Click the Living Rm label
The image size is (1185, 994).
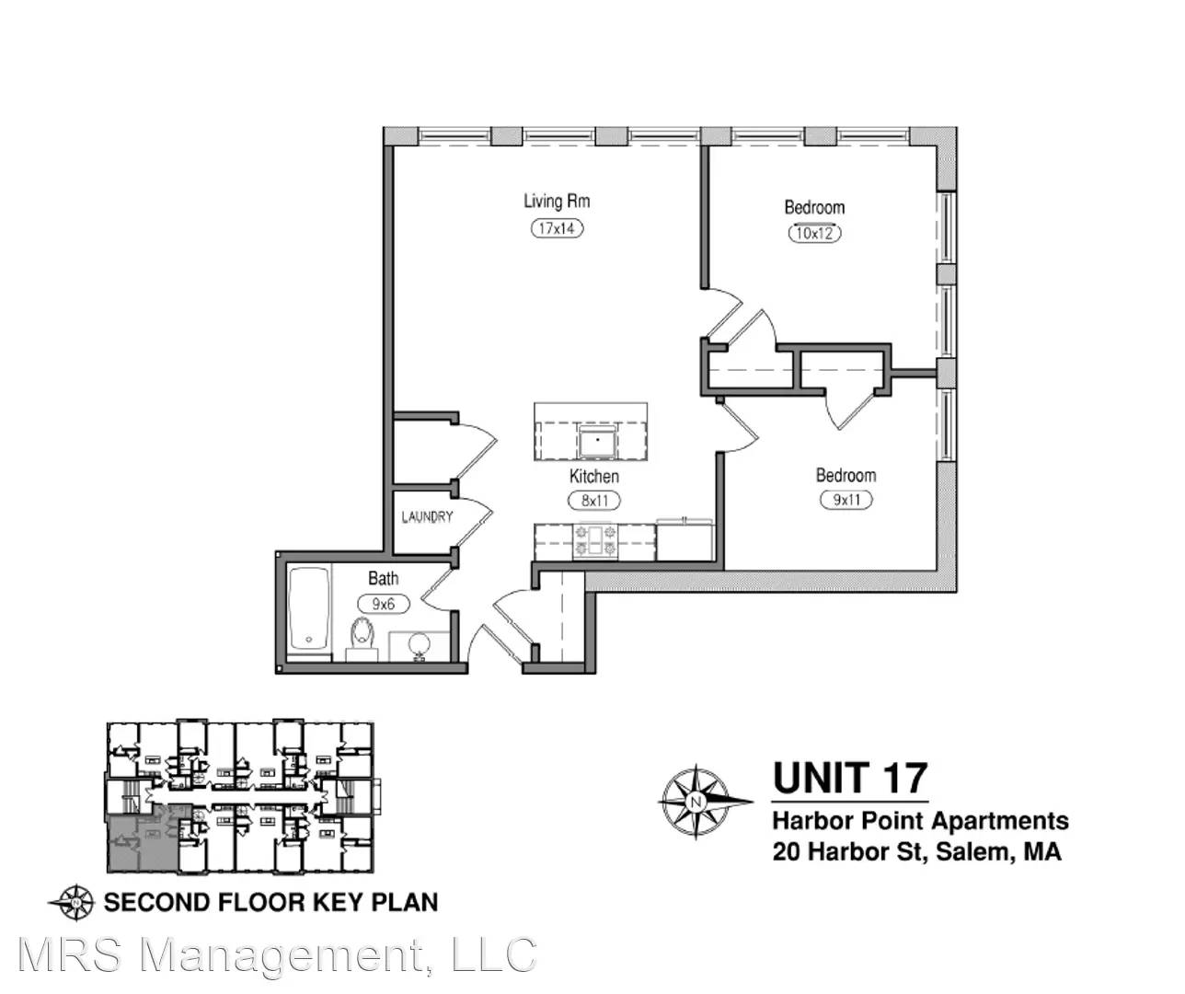557,202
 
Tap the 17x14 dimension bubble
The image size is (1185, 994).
557,229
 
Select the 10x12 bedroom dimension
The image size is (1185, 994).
814,234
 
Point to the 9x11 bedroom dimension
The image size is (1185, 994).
846,500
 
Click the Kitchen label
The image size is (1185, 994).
593,476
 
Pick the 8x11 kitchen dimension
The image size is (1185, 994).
594,501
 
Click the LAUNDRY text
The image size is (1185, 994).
427,517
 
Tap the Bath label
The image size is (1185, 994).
383,579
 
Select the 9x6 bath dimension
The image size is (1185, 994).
383,604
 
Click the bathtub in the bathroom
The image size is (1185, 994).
309,614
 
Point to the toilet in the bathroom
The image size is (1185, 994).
362,639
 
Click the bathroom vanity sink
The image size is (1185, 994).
420,646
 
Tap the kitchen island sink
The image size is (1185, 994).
597,441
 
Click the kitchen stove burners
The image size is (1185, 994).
594,540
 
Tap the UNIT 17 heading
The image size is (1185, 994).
850,778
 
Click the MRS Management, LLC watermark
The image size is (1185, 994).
277,954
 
